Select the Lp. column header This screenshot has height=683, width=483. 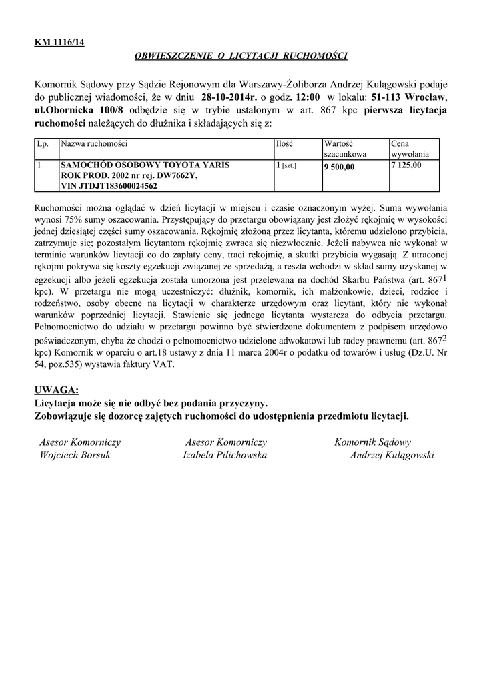point(43,144)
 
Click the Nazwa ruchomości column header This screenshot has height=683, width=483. point(94,144)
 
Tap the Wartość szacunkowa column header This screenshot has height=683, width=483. point(345,149)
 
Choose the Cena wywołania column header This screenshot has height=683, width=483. point(410,149)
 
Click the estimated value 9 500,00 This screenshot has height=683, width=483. point(340,167)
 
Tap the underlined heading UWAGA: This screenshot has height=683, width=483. point(56,390)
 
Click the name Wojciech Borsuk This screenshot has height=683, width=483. point(75,456)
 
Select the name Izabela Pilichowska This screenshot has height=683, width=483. point(225,456)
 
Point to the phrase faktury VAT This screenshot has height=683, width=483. point(148,365)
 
